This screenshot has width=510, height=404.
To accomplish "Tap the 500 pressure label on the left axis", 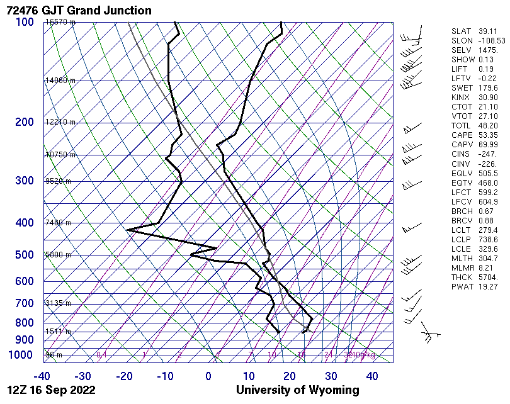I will coord(25,255).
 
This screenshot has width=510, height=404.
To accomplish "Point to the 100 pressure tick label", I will coord(25,22).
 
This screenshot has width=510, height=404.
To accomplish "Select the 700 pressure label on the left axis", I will coord(25,303).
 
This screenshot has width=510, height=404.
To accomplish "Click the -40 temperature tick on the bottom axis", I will coord(42,376).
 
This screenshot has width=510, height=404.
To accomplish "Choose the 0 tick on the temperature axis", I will coord(208,376).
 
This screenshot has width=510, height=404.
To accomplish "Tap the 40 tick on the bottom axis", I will coord(372,376).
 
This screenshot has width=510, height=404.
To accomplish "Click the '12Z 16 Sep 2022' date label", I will coord(52,390).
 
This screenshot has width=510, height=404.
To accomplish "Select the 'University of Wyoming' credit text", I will coord(298,390).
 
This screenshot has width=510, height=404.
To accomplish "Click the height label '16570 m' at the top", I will coord(60,22).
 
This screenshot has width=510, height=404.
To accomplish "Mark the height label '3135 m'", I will coord(59,303).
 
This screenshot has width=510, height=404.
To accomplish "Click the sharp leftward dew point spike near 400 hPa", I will coord(128,230).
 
